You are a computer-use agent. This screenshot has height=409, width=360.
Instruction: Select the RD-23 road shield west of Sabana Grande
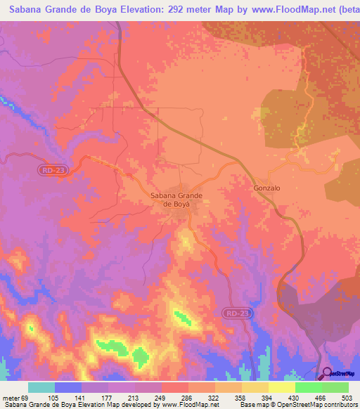pos(49,170)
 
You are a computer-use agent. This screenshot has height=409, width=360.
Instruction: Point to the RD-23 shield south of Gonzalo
pos(239,312)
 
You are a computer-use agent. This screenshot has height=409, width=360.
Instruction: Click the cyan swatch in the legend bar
pos(41,387)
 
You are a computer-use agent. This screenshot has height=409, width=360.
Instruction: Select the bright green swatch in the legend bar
pos(309,387)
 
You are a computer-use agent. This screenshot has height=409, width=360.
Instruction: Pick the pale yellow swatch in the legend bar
pos(282,387)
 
